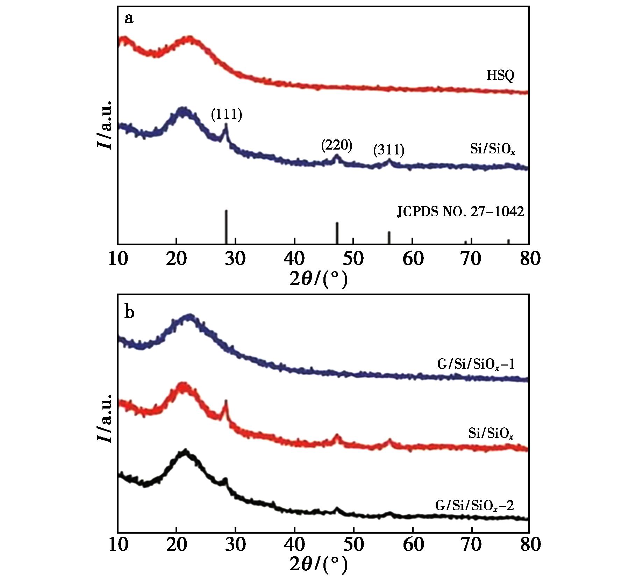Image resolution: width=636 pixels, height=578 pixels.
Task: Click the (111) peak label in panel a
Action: coord(226,115)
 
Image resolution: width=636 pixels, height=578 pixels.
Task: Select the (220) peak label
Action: coord(336,146)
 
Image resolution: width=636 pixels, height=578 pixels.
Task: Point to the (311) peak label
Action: coord(388,150)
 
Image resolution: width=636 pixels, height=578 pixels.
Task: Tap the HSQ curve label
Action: coord(500,75)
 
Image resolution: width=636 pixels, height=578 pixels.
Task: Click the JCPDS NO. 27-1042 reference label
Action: coord(460,212)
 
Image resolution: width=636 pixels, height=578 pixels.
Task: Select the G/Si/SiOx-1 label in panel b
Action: coord(476,364)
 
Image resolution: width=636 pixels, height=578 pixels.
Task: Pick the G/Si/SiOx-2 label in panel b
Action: coord(474,506)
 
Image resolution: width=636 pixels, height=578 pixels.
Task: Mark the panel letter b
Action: coord(129,312)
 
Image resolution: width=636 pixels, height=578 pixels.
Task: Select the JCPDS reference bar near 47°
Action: coord(337,233)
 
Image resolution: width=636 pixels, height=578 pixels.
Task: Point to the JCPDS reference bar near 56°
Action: coord(389,237)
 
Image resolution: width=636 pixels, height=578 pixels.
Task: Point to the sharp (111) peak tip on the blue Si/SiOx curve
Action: coord(226,124)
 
